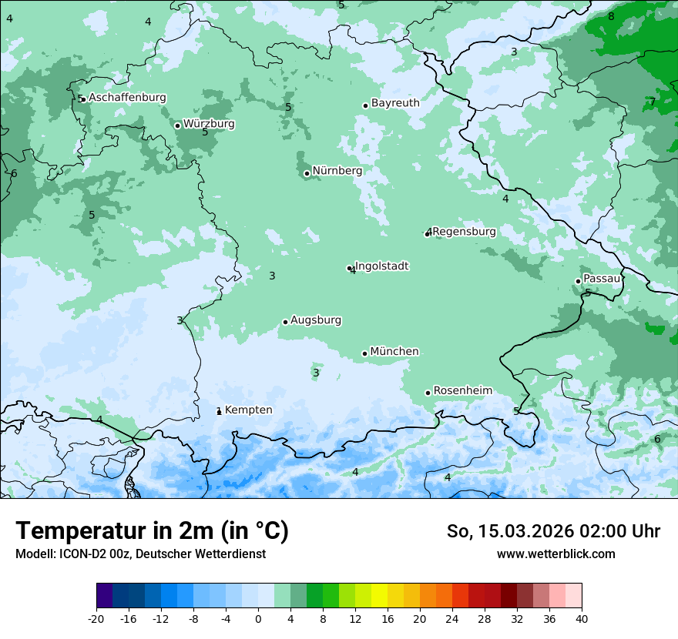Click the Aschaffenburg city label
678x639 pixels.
point(127,98)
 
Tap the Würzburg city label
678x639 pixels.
point(209,124)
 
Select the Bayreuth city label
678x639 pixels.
point(395,103)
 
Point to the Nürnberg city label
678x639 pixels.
point(337,171)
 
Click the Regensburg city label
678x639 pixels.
point(464,232)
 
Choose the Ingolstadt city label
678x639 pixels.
point(381,266)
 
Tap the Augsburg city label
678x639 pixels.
point(316,320)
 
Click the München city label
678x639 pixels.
point(394,352)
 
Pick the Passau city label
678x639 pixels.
point(602,279)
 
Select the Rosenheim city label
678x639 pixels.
point(462,391)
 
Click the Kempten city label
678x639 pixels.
point(248,410)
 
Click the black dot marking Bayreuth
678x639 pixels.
point(365,105)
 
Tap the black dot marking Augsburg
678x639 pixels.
point(285,322)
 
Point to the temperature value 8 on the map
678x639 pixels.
point(611,16)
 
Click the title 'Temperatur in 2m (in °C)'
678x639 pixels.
point(152,531)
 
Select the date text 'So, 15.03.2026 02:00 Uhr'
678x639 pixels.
point(553,531)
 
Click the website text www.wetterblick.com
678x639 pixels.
point(555,554)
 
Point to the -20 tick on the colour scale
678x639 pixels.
point(96,618)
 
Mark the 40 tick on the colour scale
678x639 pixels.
point(581,618)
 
